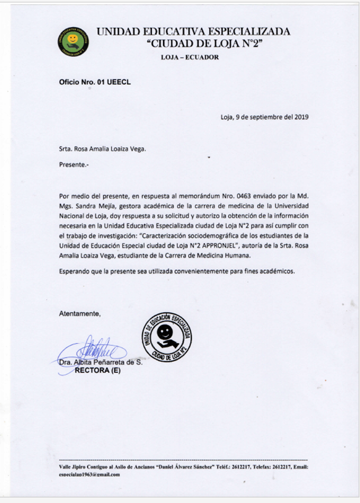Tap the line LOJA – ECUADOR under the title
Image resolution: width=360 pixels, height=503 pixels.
[190, 58]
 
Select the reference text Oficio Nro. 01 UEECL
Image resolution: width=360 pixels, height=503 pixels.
[94, 82]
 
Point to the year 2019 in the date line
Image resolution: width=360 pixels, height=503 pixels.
[300, 117]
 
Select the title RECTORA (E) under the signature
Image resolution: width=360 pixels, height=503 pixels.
[97, 371]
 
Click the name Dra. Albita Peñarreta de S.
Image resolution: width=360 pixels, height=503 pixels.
[100, 362]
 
